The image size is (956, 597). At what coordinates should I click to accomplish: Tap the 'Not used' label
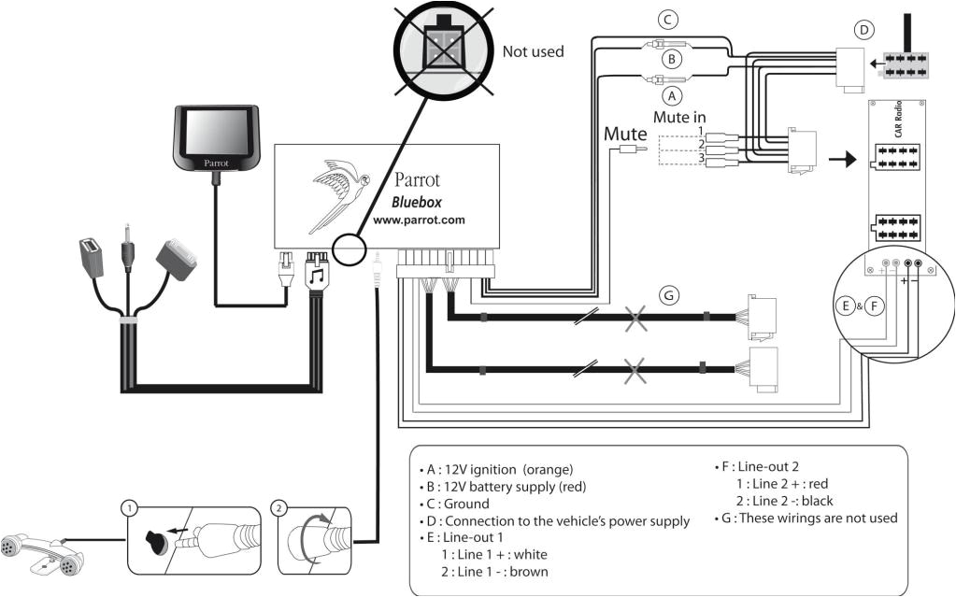point(533,51)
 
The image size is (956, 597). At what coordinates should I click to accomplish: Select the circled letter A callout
point(668,95)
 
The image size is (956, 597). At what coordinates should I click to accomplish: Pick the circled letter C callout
point(666,19)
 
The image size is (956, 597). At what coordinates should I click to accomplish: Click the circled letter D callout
point(864,29)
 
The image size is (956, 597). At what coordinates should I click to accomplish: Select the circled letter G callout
point(666,295)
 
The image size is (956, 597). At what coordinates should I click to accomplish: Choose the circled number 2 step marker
point(278,507)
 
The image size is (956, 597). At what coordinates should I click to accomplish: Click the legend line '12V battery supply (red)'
point(502,487)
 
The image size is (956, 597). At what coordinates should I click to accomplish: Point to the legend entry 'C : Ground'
point(455,504)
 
